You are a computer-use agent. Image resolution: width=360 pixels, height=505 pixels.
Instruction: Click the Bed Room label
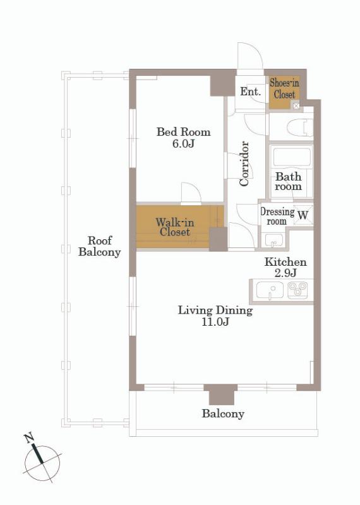183,132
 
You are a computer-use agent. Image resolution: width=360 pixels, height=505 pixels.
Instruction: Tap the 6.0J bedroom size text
183,144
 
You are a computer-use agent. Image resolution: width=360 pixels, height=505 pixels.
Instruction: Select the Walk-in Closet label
175,227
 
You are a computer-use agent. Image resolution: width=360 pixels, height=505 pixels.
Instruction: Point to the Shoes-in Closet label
284,88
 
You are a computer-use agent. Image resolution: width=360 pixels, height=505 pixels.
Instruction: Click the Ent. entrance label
250,92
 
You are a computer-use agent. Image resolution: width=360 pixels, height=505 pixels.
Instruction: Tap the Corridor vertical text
244,163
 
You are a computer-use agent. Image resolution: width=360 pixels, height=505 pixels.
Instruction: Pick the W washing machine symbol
303,214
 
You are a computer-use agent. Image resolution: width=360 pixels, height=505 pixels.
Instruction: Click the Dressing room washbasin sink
273,240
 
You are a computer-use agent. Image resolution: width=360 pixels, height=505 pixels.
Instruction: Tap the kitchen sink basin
270,290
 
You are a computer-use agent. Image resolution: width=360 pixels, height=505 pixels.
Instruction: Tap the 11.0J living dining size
215,322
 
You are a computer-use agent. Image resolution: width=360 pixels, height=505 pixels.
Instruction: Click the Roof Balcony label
100,246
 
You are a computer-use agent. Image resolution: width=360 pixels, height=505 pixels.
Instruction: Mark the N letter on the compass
29,438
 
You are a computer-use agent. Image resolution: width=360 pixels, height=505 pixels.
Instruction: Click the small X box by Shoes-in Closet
296,105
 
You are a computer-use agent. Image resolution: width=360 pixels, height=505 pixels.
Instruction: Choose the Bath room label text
289,181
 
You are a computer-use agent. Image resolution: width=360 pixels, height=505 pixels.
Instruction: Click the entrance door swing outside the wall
250,56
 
